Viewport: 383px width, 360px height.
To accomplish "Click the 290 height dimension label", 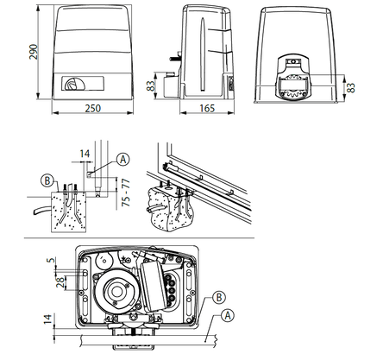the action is [x=34, y=52].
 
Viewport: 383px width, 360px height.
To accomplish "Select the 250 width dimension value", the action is [x=93, y=109].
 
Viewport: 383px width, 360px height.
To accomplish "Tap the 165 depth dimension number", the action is [x=207, y=109].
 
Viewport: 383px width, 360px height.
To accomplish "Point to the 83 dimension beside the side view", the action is [x=151, y=85].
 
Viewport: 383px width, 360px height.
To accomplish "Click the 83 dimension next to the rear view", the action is [x=350, y=87].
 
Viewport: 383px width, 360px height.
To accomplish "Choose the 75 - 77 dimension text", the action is [x=126, y=193].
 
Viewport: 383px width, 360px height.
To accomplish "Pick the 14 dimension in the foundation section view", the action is [x=85, y=154].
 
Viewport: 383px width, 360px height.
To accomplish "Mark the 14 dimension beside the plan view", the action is [x=47, y=319].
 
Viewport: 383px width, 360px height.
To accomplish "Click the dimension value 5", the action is [x=51, y=260].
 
